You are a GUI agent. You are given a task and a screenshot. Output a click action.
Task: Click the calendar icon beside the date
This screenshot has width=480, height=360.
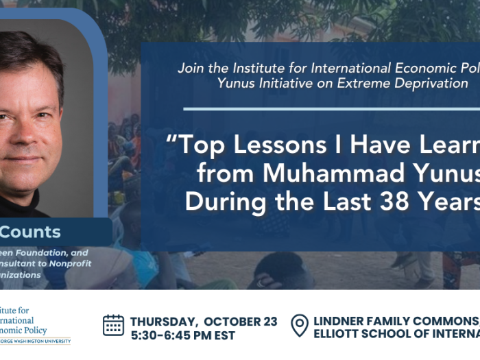[113, 325]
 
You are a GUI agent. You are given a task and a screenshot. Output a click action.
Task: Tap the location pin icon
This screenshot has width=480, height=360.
[300, 325]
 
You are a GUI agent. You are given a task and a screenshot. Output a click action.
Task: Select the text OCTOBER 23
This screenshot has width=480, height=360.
[241, 322]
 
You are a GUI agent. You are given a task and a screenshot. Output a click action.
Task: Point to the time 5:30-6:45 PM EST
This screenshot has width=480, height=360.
[182, 335]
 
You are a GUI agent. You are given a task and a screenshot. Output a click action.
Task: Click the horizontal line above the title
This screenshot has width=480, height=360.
[329, 108]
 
